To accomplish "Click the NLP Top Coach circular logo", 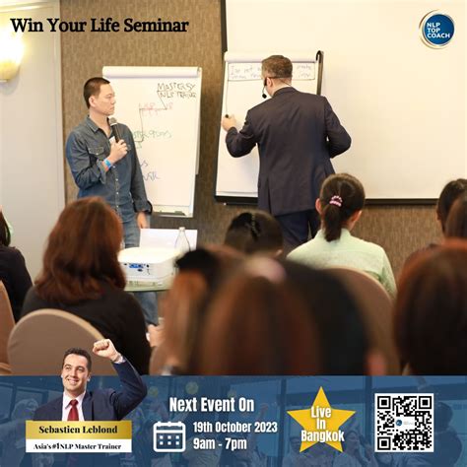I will pyautogui.click(x=436, y=30).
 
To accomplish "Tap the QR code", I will pyautogui.click(x=403, y=423).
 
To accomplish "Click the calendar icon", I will pyautogui.click(x=169, y=435).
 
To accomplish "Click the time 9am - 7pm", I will pyautogui.click(x=222, y=443).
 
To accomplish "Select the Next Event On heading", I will pyautogui.click(x=211, y=404).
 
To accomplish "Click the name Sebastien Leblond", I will pyautogui.click(x=78, y=430).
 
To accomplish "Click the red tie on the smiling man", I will pyautogui.click(x=73, y=409).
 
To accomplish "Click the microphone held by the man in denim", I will pyautogui.click(x=112, y=127).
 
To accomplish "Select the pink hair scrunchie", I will pyautogui.click(x=336, y=200).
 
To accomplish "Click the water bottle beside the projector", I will pyautogui.click(x=182, y=239).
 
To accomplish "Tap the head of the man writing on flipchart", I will pyautogui.click(x=276, y=72).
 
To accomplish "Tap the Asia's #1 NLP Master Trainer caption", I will pyautogui.click(x=78, y=446).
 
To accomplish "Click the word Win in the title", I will pyautogui.click(x=30, y=25).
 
